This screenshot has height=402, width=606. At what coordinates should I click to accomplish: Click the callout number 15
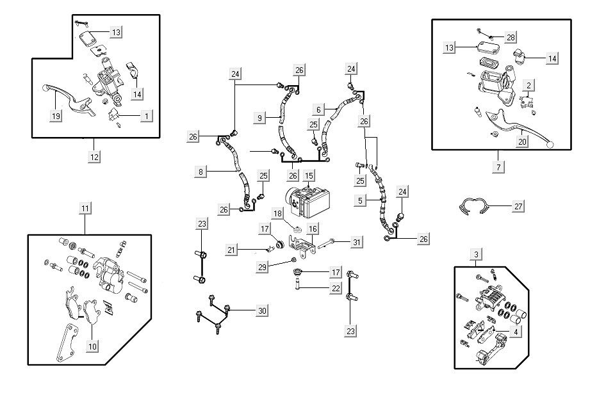tap(309, 175)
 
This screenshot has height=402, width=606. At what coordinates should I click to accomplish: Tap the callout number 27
tap(518, 206)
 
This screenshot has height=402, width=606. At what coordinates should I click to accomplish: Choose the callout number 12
tap(94, 156)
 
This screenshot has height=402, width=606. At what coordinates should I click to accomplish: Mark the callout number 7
tap(499, 166)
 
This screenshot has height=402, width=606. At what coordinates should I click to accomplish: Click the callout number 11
tap(85, 207)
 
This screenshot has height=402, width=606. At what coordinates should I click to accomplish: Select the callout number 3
tap(475, 255)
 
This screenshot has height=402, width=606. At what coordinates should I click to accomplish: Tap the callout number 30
tap(262, 310)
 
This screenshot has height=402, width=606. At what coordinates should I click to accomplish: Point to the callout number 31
tap(357, 241)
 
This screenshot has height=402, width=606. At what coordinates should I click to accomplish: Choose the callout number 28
tap(510, 38)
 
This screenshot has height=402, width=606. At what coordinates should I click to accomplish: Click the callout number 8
tap(201, 172)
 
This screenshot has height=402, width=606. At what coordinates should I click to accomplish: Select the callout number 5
tap(360, 200)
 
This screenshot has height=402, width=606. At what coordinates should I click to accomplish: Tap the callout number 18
tap(278, 213)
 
